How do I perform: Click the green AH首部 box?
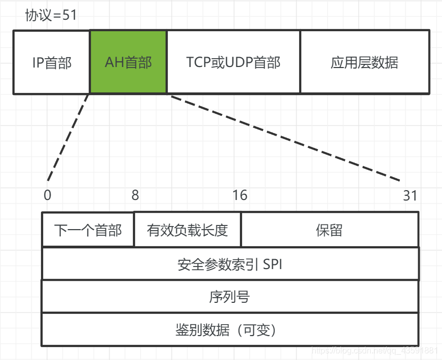pyautogui.click(x=128, y=62)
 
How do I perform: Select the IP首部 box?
pyautogui.click(x=51, y=62)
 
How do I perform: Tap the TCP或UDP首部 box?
pyautogui.click(x=233, y=62)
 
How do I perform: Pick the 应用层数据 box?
pyautogui.click(x=365, y=62)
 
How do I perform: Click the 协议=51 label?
pyautogui.click(x=51, y=15)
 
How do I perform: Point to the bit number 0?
pyautogui.click(x=48, y=195)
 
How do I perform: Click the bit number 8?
pyautogui.click(x=135, y=195)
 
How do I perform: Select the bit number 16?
pyautogui.click(x=240, y=195)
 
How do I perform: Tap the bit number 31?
pyautogui.click(x=410, y=195)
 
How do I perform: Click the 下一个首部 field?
pyautogui.click(x=88, y=230)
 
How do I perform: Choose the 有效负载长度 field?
pyautogui.click(x=187, y=230)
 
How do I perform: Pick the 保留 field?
pyautogui.click(x=329, y=230)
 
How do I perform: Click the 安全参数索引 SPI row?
pyautogui.click(x=230, y=264)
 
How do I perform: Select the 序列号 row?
pyautogui.click(x=230, y=297)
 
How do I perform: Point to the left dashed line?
pyautogui.click(x=69, y=137)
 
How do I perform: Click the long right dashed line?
pyautogui.click(x=286, y=138)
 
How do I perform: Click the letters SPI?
pyautogui.click(x=273, y=264)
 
